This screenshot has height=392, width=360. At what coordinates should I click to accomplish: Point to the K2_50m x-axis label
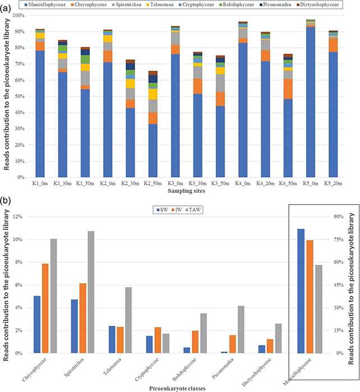click(x=153, y=183)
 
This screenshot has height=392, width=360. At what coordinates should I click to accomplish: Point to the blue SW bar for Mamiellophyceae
click(x=301, y=291)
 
